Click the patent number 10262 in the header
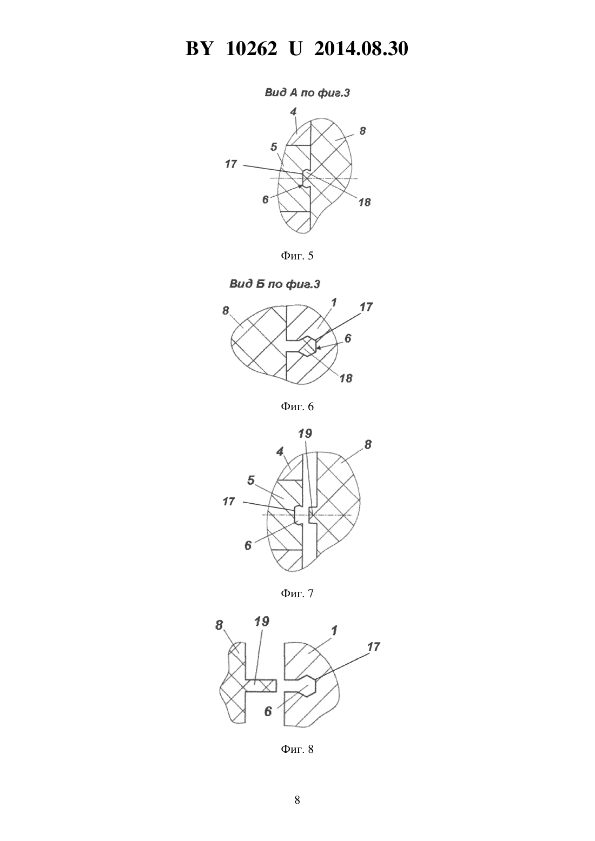click(x=252, y=49)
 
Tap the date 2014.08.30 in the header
click(x=361, y=49)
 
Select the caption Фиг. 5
click(x=297, y=256)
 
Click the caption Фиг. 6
click(x=297, y=406)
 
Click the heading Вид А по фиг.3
click(x=307, y=93)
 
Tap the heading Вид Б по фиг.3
click(x=275, y=284)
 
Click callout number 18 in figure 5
click(x=365, y=202)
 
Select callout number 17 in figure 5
click(x=230, y=164)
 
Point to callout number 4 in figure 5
click(x=293, y=111)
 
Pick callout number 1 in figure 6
click(x=334, y=302)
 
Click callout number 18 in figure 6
click(x=346, y=378)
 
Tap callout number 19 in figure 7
click(x=305, y=433)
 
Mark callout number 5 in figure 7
click(x=252, y=480)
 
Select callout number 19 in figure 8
click(x=262, y=622)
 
